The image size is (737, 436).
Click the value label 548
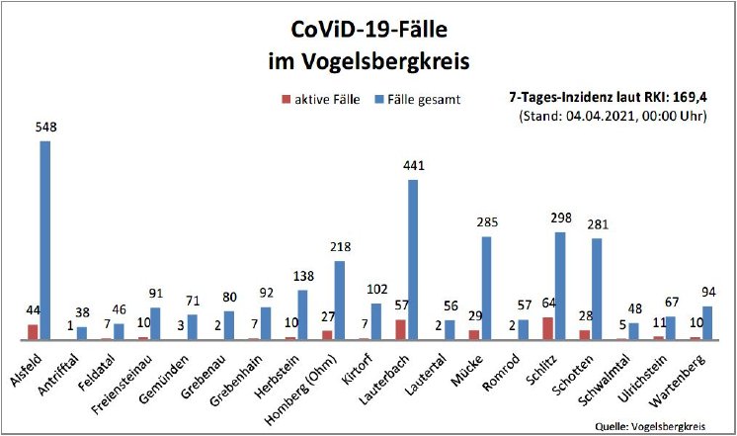point(46,129)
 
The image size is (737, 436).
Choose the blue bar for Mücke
point(486,288)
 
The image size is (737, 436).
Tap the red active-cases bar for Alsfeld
point(34,332)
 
